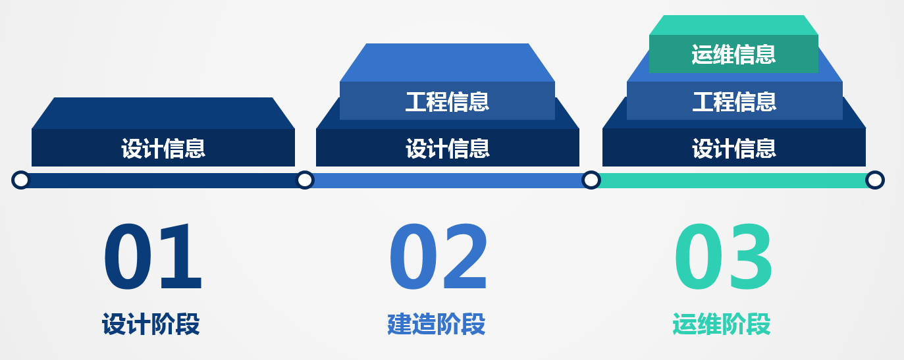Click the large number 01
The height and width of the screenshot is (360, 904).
(x=153, y=256)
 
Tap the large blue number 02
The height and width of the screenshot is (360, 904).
(x=439, y=256)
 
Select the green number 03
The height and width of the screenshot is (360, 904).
(x=723, y=256)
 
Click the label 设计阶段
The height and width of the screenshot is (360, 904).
(x=151, y=324)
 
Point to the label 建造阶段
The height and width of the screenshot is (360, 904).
(x=437, y=324)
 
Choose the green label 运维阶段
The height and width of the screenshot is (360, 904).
(x=722, y=324)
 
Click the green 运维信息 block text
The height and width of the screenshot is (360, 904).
(x=733, y=55)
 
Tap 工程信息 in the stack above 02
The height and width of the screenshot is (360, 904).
(x=447, y=101)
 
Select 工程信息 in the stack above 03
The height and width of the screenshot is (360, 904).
(x=734, y=101)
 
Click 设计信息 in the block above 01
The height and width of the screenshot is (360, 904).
(x=163, y=148)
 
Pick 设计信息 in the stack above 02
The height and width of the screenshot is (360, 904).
(x=448, y=148)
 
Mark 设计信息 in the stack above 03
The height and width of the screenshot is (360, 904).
(x=734, y=148)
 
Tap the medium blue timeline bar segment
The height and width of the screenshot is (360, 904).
(x=448, y=180)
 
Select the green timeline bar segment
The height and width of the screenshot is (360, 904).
(x=733, y=180)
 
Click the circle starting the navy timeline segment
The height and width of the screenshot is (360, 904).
(x=21, y=180)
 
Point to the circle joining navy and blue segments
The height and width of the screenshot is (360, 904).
(x=305, y=180)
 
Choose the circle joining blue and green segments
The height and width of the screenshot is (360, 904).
(x=591, y=180)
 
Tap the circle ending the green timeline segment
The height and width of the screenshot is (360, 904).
(x=875, y=180)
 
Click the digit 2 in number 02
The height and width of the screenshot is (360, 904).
(x=465, y=256)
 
